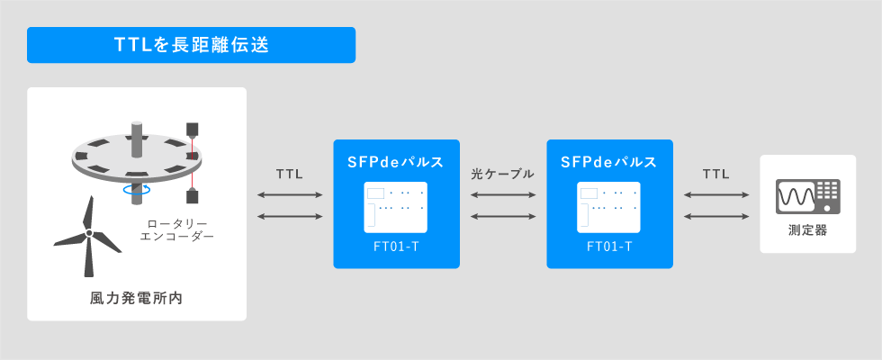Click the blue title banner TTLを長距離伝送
pyautogui.click(x=191, y=45)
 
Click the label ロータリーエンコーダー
pyautogui.click(x=177, y=230)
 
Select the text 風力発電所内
pyautogui.click(x=137, y=298)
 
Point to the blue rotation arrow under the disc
pyautogui.click(x=137, y=191)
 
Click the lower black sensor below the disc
pyautogui.click(x=193, y=197)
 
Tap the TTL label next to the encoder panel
pyautogui.click(x=290, y=175)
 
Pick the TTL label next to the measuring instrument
pyautogui.click(x=716, y=175)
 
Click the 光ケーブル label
pyautogui.click(x=503, y=175)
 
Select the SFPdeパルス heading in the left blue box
pyautogui.click(x=397, y=163)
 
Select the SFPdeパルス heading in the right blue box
pyautogui.click(x=610, y=163)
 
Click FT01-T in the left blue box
pyautogui.click(x=396, y=247)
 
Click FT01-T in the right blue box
pyautogui.click(x=609, y=247)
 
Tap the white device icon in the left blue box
pyautogui.click(x=395, y=207)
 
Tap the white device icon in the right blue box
pyautogui.click(x=608, y=207)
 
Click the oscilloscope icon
pyautogui.click(x=808, y=196)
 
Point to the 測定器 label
pyautogui.click(x=808, y=230)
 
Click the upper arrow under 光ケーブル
pyautogui.click(x=503, y=195)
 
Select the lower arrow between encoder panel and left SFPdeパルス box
pyautogui.click(x=290, y=216)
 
